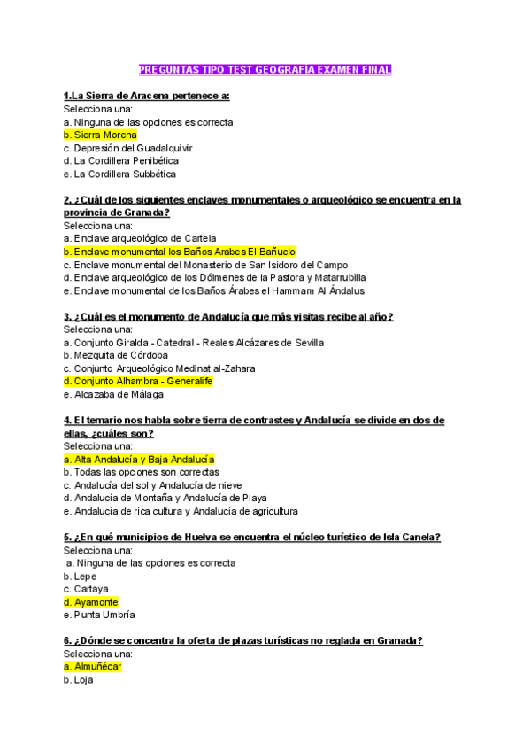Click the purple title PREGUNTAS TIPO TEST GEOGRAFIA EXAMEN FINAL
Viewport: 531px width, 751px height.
click(265, 69)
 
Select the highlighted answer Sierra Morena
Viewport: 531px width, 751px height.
click(100, 135)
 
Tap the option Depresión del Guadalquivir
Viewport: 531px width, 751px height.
click(127, 148)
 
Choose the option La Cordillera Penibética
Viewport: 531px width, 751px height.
click(121, 161)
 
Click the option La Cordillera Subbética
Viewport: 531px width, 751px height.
click(119, 174)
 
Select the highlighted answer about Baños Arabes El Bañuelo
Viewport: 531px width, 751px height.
click(180, 252)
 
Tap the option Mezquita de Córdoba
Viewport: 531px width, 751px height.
click(116, 355)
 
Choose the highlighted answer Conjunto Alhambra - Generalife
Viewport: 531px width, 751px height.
click(138, 381)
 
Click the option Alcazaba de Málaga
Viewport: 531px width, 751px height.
click(113, 394)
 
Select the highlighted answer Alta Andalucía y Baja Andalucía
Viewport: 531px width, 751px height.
click(139, 460)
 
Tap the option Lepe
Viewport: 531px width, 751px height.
click(81, 577)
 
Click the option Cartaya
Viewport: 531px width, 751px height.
click(86, 589)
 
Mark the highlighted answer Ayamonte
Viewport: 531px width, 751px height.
click(91, 602)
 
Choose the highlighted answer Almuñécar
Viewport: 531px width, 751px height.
click(92, 667)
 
